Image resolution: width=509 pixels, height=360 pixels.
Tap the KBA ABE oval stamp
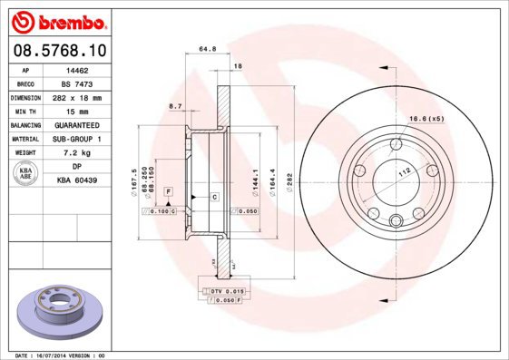[x=26, y=174]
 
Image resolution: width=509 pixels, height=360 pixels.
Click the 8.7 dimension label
[x=175, y=107]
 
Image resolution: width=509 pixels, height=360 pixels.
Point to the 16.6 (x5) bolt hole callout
[x=425, y=119]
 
